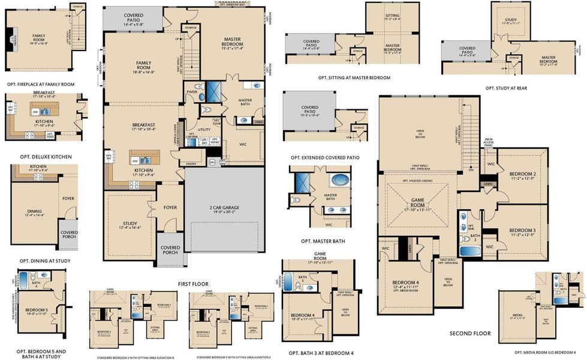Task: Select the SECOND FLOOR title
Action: click(x=470, y=334)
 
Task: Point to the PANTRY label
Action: click(x=191, y=163)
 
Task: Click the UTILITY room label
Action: click(x=203, y=129)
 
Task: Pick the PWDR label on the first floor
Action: click(x=192, y=92)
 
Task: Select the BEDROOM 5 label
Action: click(x=37, y=310)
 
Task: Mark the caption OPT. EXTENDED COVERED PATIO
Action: click(x=325, y=158)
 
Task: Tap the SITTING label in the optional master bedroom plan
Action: click(x=392, y=17)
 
